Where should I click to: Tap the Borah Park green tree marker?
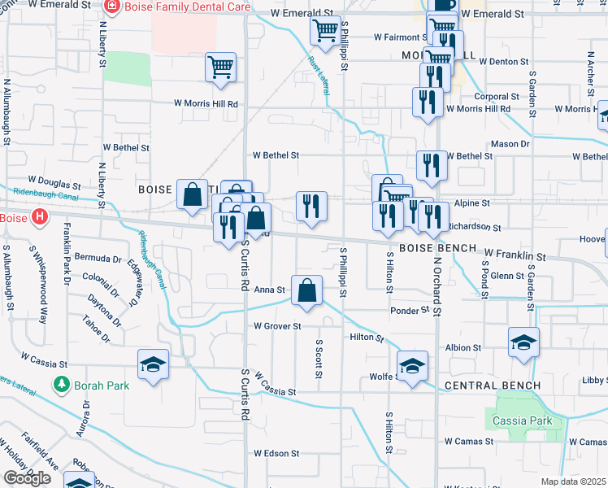point(60,383)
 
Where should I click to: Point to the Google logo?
point(27,478)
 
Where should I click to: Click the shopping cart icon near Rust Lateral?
point(325,32)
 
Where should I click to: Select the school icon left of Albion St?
point(523,343)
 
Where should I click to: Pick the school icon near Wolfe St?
point(412,366)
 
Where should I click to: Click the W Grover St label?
point(277,326)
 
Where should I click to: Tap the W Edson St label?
point(276,453)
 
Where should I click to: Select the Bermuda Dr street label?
point(98,257)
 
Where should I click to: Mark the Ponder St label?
point(409,311)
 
